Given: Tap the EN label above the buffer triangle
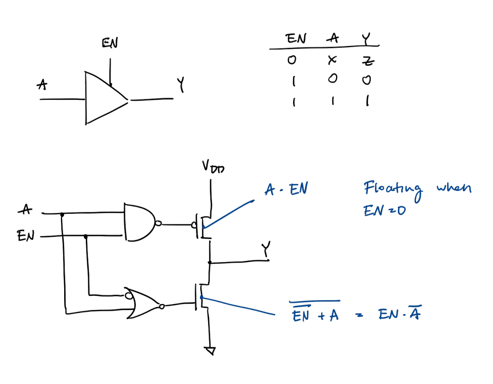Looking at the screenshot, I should pyautogui.click(x=110, y=43).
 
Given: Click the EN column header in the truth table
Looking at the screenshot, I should pyautogui.click(x=296, y=39).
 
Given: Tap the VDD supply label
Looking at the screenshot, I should pyautogui.click(x=213, y=168).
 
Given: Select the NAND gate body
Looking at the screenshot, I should pyautogui.click(x=139, y=222).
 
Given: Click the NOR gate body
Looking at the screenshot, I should pyautogui.click(x=142, y=304).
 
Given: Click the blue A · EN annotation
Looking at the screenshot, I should pyautogui.click(x=286, y=190).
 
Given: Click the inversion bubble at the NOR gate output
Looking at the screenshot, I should pyautogui.click(x=161, y=306).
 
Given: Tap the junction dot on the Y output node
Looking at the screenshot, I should pyautogui.click(x=210, y=262).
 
